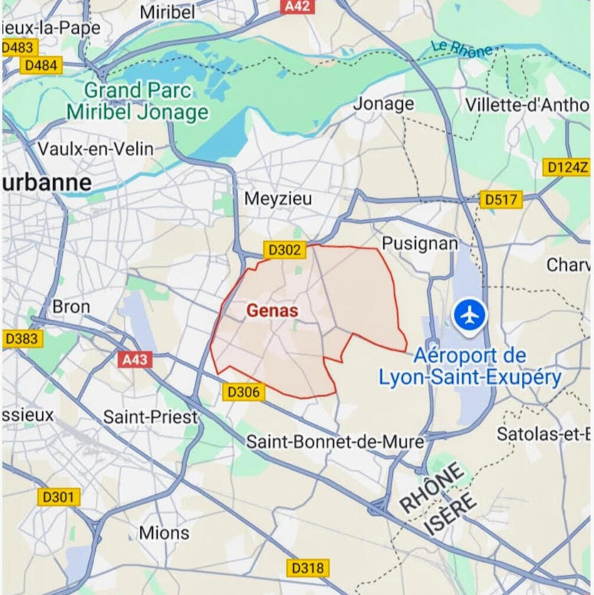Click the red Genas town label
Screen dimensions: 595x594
click(272, 311)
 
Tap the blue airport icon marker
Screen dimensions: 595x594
click(470, 316)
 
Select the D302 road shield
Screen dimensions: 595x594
click(285, 250)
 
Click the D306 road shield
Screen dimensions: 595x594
click(244, 392)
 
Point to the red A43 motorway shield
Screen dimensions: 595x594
click(135, 359)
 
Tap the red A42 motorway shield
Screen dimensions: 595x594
click(298, 6)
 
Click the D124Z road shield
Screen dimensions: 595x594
click(567, 167)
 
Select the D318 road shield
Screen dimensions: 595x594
click(308, 568)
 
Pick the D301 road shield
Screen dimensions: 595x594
click(59, 497)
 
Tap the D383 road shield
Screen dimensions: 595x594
click(22, 338)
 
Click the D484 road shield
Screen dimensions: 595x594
click(41, 65)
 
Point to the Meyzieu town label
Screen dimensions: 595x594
click(278, 199)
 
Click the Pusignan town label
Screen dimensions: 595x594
click(420, 243)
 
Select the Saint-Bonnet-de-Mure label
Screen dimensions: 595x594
click(335, 441)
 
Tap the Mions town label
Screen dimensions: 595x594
click(164, 533)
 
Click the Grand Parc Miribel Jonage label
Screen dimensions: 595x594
click(138, 101)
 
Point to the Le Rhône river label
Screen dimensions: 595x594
click(461, 49)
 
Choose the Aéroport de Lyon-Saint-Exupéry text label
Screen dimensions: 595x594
click(469, 367)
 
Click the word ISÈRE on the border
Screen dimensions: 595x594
click(450, 514)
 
